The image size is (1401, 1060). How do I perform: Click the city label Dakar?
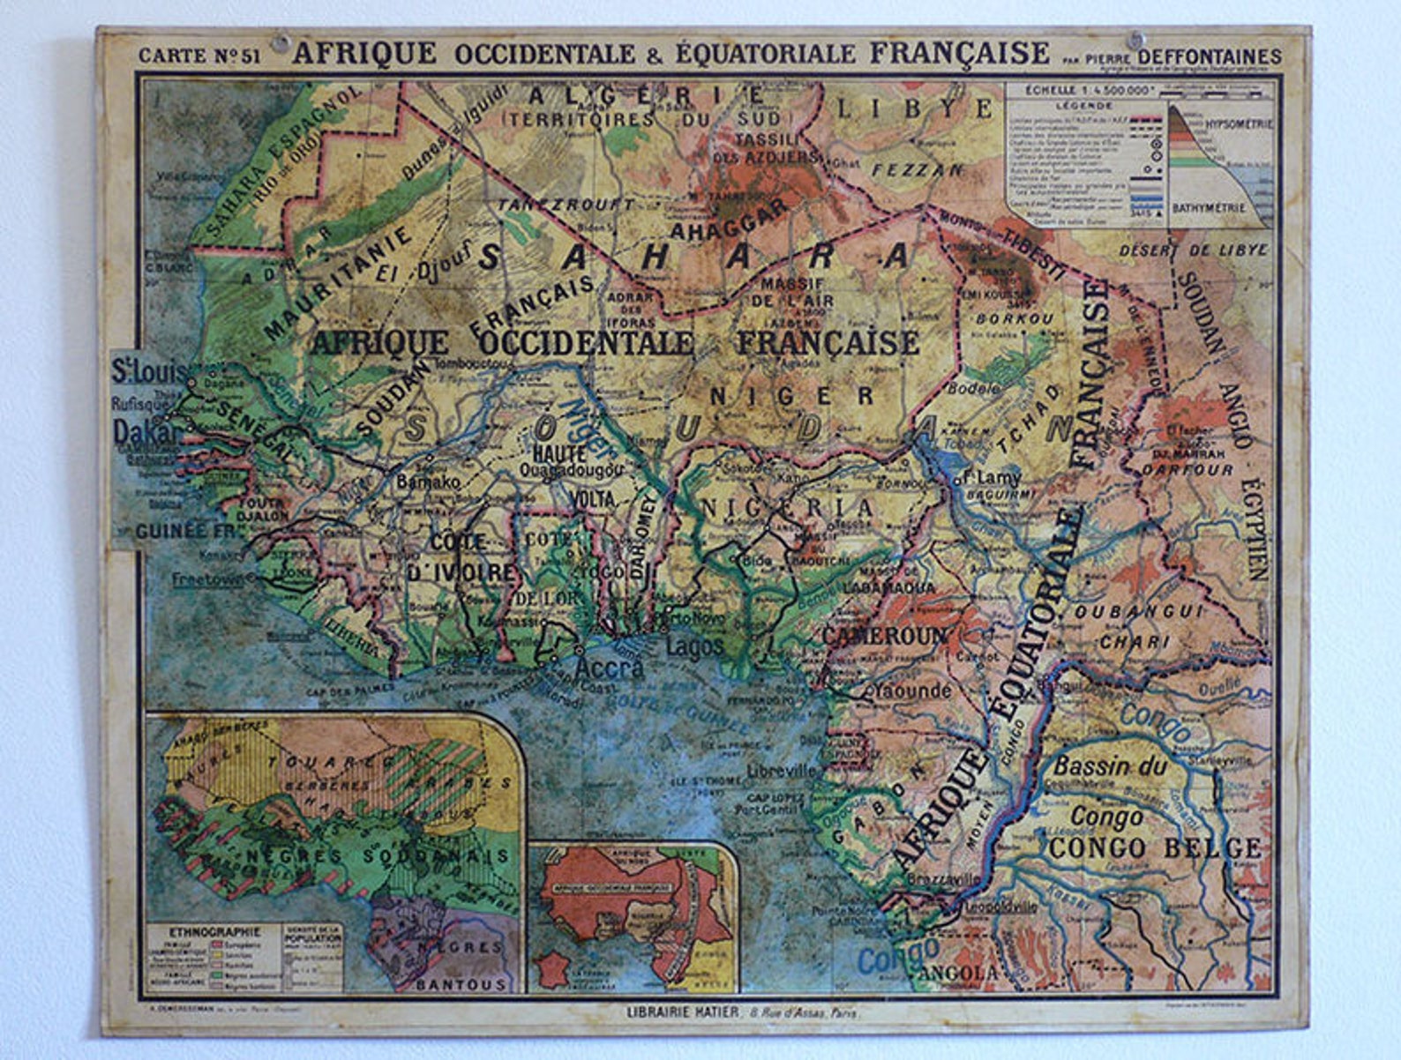(x=146, y=431)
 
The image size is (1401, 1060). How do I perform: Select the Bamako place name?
(x=428, y=482)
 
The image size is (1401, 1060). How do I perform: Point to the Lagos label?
(x=694, y=646)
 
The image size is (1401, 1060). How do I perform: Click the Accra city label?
(x=609, y=668)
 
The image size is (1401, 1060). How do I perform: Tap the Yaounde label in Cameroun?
(x=911, y=690)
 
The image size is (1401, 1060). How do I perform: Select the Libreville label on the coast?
(x=781, y=770)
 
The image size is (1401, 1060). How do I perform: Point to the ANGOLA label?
(x=958, y=973)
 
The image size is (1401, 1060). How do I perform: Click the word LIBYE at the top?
(x=913, y=109)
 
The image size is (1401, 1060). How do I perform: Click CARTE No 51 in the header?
(x=199, y=56)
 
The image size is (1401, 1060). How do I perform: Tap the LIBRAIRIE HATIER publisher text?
(x=682, y=1012)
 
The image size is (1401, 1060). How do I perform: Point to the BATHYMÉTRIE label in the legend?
(x=1209, y=208)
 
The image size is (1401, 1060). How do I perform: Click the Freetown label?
(x=207, y=579)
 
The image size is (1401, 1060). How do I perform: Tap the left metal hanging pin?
(x=281, y=41)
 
